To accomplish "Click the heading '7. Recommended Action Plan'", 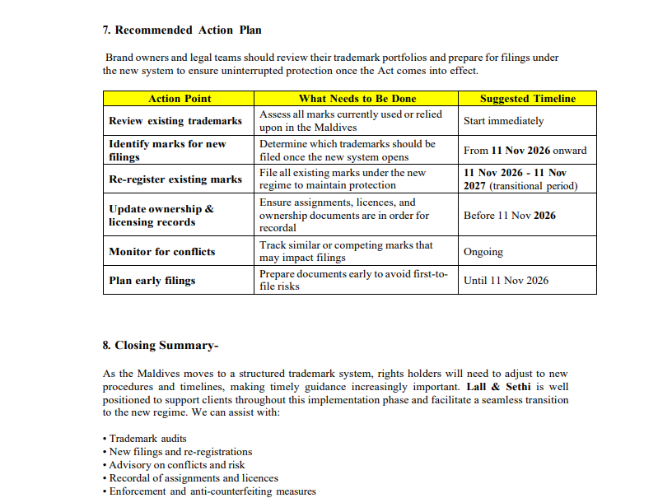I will (182, 30).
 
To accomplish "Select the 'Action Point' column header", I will (180, 99).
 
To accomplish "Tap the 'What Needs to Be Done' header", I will (357, 99).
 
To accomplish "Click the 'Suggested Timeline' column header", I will (527, 99).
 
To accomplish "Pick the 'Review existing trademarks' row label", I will (175, 121).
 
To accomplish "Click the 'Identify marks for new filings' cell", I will (167, 151).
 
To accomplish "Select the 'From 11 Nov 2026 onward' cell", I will (525, 151).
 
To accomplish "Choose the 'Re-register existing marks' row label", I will (175, 179).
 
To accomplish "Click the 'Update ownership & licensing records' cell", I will (161, 216).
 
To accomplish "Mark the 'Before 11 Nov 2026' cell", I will (509, 216).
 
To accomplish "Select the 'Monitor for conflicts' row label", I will (161, 252).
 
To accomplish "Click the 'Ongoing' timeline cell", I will (483, 252).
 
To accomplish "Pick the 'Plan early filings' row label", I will (152, 281).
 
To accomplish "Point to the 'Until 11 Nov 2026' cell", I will (506, 281).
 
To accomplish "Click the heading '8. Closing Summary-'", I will (161, 346).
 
